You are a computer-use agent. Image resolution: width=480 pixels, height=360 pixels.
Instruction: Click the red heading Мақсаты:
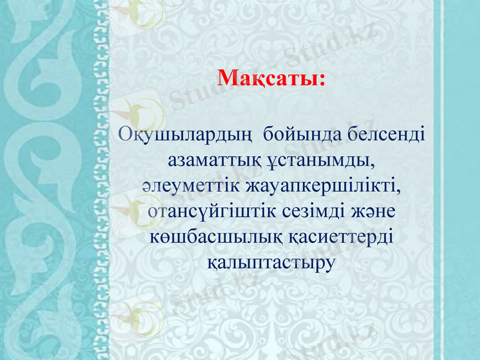[x=271, y=78]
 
